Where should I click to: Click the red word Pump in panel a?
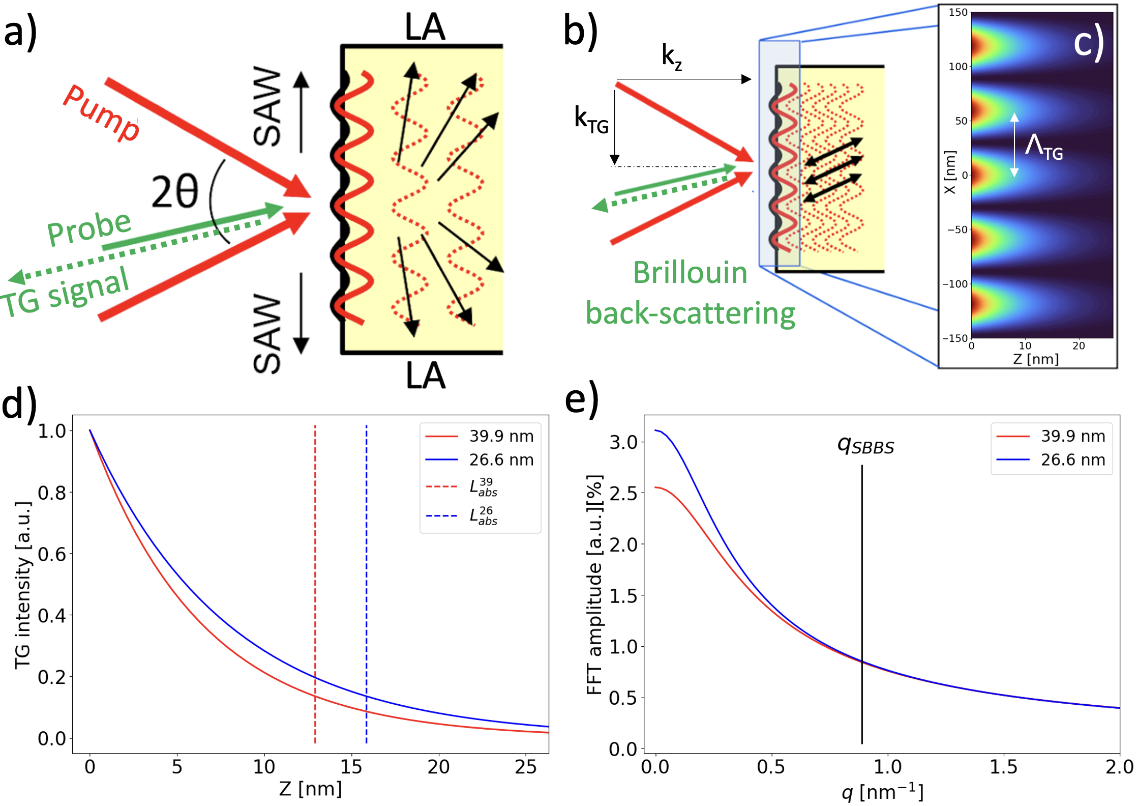click(x=102, y=113)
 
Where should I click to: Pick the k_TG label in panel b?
click(x=591, y=120)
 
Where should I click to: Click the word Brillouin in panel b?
click(x=690, y=273)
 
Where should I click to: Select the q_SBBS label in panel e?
click(x=865, y=446)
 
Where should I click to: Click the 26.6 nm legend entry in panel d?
click(x=501, y=460)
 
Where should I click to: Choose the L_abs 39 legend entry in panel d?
click(x=483, y=487)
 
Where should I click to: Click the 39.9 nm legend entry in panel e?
click(x=1073, y=436)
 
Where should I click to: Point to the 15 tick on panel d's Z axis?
click(x=351, y=767)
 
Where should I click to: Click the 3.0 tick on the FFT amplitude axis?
click(x=623, y=442)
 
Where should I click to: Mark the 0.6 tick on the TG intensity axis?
click(x=52, y=554)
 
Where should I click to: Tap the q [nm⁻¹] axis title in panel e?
click(x=882, y=792)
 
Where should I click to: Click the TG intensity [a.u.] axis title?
click(x=22, y=585)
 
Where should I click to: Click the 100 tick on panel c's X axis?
click(x=958, y=67)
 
